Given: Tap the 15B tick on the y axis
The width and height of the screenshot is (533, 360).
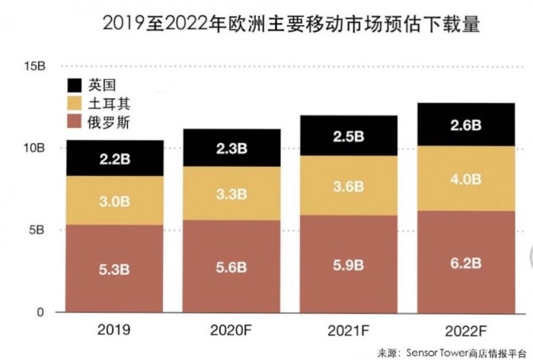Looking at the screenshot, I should point(34,67).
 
